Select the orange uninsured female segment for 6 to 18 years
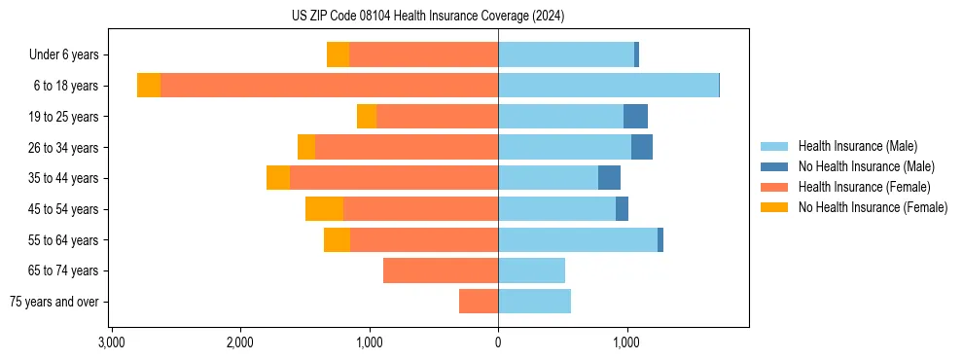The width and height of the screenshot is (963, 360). click(149, 86)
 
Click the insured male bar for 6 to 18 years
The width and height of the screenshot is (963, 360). click(608, 86)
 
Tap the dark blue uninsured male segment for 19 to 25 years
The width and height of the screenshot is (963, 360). click(635, 117)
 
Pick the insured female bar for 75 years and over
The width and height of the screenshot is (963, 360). click(479, 302)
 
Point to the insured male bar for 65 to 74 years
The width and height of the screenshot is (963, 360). click(531, 270)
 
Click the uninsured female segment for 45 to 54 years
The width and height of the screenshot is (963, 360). click(324, 209)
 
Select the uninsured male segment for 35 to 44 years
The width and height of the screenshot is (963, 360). click(609, 178)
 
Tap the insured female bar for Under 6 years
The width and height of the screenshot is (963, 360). click(423, 55)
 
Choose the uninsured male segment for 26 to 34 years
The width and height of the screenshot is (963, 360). click(642, 148)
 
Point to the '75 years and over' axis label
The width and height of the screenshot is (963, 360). click(54, 302)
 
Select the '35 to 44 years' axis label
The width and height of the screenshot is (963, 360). click(63, 178)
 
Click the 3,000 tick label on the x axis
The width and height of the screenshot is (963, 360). click(112, 342)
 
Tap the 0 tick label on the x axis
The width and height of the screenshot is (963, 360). click(498, 342)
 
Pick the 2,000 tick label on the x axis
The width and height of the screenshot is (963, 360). click(240, 342)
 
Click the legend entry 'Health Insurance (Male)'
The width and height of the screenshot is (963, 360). click(856, 146)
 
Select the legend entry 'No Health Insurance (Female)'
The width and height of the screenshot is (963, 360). click(873, 207)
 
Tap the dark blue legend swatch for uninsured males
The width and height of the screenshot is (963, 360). click(774, 166)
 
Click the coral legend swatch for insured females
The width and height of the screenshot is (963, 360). click(774, 187)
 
